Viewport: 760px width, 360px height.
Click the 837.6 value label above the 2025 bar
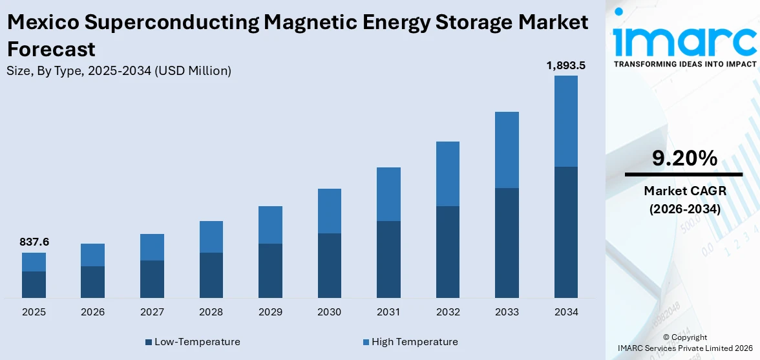click(x=34, y=242)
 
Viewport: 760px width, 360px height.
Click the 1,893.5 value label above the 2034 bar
click(x=565, y=65)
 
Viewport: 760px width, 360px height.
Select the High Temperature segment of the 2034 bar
click(x=565, y=121)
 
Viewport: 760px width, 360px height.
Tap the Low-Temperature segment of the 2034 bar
click(x=565, y=232)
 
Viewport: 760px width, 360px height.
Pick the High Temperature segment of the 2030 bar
click(x=330, y=211)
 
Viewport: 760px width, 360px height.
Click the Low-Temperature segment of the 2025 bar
click(x=34, y=284)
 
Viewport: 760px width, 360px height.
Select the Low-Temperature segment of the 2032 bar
click(x=448, y=252)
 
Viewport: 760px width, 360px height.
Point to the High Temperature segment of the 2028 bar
click(x=211, y=237)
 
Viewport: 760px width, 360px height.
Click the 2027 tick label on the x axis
click(x=152, y=312)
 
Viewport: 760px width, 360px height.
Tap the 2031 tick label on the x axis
click(x=388, y=312)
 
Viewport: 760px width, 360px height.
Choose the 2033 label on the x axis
click(x=507, y=312)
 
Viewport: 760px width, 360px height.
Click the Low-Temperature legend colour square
click(x=149, y=342)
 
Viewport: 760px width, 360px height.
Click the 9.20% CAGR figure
click(x=684, y=158)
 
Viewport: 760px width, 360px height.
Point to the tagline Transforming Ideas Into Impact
click(x=684, y=64)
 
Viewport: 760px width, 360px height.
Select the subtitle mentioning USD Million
click(x=119, y=71)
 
